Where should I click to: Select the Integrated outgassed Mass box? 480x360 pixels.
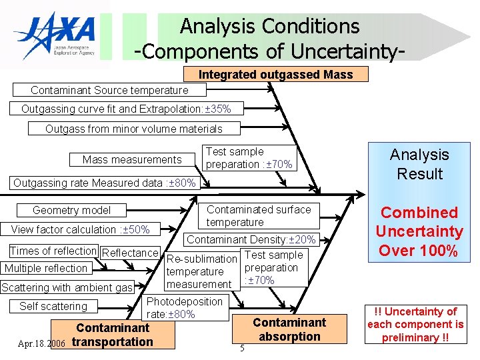[275, 75]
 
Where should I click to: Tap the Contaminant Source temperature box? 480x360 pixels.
[109, 90]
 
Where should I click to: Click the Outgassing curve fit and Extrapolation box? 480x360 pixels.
[125, 109]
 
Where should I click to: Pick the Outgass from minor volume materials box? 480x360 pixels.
[133, 129]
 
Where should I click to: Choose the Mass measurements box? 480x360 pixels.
[132, 159]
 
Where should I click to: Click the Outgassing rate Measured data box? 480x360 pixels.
[105, 183]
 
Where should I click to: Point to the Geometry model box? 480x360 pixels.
[72, 210]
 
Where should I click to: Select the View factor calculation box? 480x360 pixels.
[80, 230]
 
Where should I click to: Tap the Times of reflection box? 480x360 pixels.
[53, 251]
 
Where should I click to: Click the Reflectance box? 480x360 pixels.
[130, 252]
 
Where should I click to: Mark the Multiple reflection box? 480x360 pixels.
[46, 269]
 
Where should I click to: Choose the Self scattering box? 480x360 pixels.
[53, 307]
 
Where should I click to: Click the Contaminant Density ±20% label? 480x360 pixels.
[251, 239]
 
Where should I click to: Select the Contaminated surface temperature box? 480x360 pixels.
[258, 215]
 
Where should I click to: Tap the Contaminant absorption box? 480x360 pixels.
[289, 329]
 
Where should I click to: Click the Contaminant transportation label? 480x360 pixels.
[113, 335]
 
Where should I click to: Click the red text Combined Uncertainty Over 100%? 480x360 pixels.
[419, 231]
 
